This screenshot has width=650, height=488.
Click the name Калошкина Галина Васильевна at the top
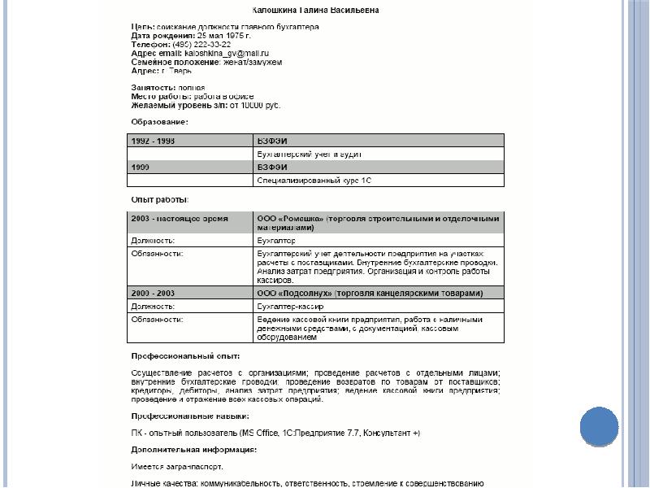[316, 11]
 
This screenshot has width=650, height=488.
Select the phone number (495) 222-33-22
[196, 44]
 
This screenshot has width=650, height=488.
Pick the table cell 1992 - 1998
[154, 141]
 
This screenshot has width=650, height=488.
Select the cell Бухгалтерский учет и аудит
[309, 154]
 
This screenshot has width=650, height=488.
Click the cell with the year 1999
[143, 167]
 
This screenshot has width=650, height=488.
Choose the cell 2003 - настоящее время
[180, 218]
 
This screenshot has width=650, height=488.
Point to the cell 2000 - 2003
[153, 293]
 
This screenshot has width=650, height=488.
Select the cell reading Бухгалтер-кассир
[290, 307]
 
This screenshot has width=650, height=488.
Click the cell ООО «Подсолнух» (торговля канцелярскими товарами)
[370, 293]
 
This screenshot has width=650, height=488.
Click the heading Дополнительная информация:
[194, 449]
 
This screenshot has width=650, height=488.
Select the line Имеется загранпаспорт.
[177, 466]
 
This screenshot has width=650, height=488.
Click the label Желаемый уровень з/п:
[180, 105]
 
